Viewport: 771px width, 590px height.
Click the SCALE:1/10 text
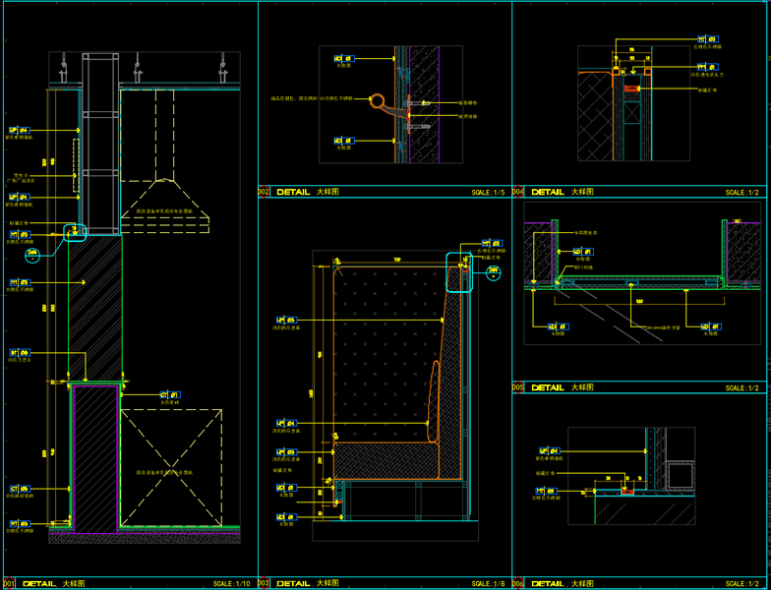pos(232,584)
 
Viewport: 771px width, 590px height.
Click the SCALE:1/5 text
pos(488,193)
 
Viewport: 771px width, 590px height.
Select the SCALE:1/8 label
pos(488,584)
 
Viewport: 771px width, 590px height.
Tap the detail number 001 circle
pos(8,584)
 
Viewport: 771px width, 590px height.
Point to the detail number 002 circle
pos(264,193)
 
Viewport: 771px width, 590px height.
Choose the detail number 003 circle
pos(264,584)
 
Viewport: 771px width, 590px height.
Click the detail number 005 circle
pos(518,387)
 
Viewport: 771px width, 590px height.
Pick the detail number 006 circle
pos(518,584)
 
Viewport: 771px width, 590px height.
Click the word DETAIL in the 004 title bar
pos(548,193)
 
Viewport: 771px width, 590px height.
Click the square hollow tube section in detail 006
pos(680,474)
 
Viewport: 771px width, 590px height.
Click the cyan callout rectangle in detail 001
pos(75,233)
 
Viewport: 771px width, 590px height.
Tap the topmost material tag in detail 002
pos(342,58)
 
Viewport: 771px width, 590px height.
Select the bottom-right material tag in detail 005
pos(706,326)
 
